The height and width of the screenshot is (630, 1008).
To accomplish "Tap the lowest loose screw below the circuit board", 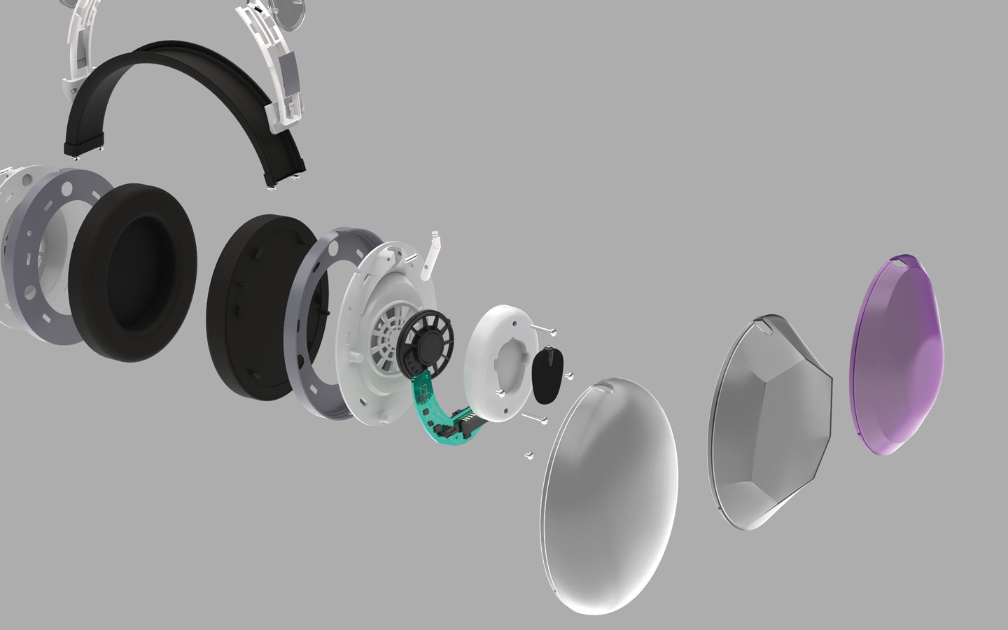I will [x=528, y=456].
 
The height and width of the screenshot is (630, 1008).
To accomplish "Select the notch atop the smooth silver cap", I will [x=606, y=383].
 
